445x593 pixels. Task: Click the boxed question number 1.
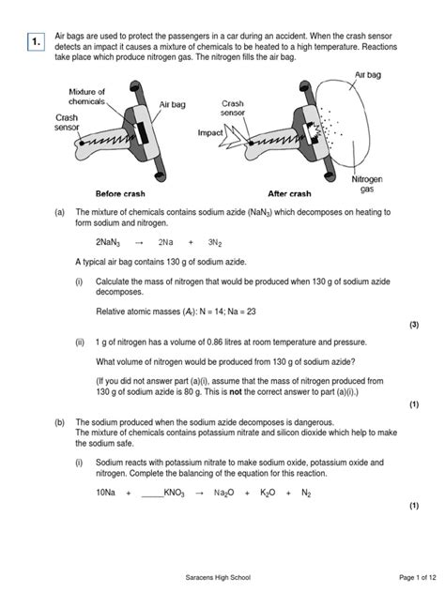click(x=35, y=42)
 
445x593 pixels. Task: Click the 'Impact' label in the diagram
click(x=210, y=133)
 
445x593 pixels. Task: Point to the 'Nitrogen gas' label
click(x=365, y=182)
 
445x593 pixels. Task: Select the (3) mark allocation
click(x=413, y=325)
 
